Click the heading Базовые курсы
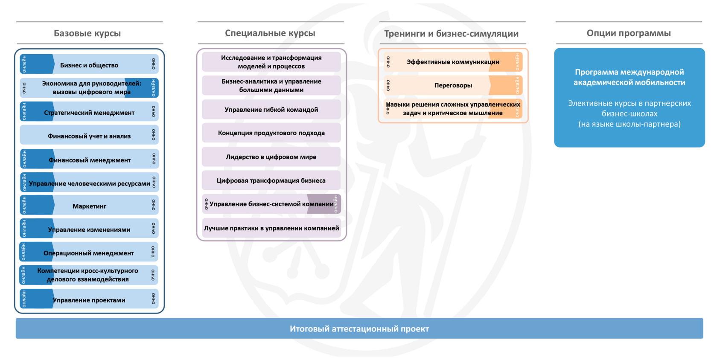tap(87, 33)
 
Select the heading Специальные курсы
tap(270, 33)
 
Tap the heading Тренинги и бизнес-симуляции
tap(451, 34)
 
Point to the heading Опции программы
tap(628, 33)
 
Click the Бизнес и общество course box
tap(89, 65)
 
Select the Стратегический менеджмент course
tap(89, 113)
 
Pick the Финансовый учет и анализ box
tap(89, 136)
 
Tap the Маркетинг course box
tap(89, 206)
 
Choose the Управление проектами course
tap(89, 300)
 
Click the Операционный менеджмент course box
tap(89, 253)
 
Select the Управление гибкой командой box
tap(271, 110)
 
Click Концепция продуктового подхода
tap(271, 133)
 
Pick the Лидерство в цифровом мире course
tap(271, 157)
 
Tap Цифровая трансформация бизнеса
tap(271, 180)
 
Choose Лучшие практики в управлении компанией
tap(271, 228)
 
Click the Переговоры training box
tap(453, 85)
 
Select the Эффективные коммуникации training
tap(453, 62)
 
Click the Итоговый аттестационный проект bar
tap(359, 328)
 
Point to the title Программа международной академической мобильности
tap(629, 77)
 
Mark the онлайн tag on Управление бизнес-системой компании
tap(336, 204)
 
